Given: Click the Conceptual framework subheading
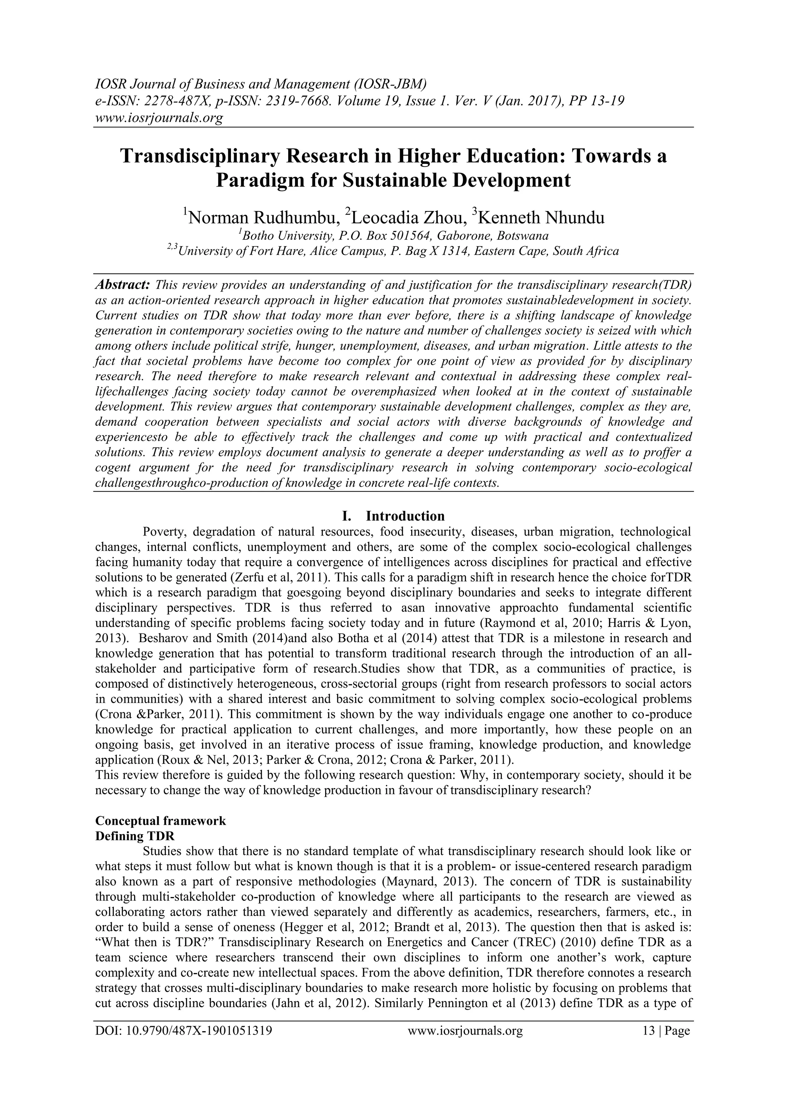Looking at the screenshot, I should pos(160,821).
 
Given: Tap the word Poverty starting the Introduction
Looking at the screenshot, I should pos(165,532).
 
